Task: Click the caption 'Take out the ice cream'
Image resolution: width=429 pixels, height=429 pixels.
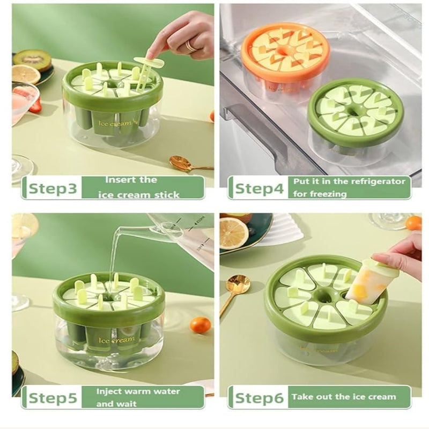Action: [343, 397]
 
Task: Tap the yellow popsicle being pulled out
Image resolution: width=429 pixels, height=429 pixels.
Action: [366, 286]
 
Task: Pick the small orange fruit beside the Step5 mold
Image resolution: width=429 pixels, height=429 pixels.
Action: [200, 324]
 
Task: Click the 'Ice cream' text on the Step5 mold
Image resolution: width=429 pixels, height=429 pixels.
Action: [117, 341]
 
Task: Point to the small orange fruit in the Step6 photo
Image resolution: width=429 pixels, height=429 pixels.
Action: [413, 223]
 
